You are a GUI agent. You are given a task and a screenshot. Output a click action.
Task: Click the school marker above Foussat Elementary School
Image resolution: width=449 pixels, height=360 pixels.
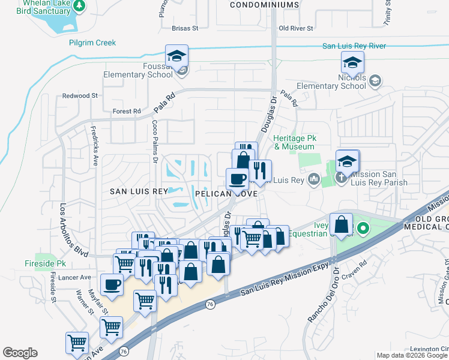coord(176,56)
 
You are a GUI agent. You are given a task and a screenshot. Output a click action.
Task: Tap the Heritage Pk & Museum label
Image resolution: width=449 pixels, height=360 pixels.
coord(294,142)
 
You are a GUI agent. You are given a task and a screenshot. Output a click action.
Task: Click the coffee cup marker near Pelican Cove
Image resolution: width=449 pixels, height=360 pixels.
coord(237,179)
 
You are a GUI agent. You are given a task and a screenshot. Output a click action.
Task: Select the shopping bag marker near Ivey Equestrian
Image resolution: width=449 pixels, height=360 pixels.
coord(341,225)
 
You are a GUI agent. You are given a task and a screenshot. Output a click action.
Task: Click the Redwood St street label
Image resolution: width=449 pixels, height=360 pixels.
coord(79,96)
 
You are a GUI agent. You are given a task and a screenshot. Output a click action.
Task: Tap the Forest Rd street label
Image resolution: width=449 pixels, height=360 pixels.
coord(126,111)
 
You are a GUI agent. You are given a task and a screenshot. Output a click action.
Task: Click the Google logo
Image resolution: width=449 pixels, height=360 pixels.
coord(20,353)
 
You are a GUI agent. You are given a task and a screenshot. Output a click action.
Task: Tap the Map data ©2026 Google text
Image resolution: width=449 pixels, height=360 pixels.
coord(412,355)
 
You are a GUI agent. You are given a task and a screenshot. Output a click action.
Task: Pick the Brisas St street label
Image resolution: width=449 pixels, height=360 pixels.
coord(184,28)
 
